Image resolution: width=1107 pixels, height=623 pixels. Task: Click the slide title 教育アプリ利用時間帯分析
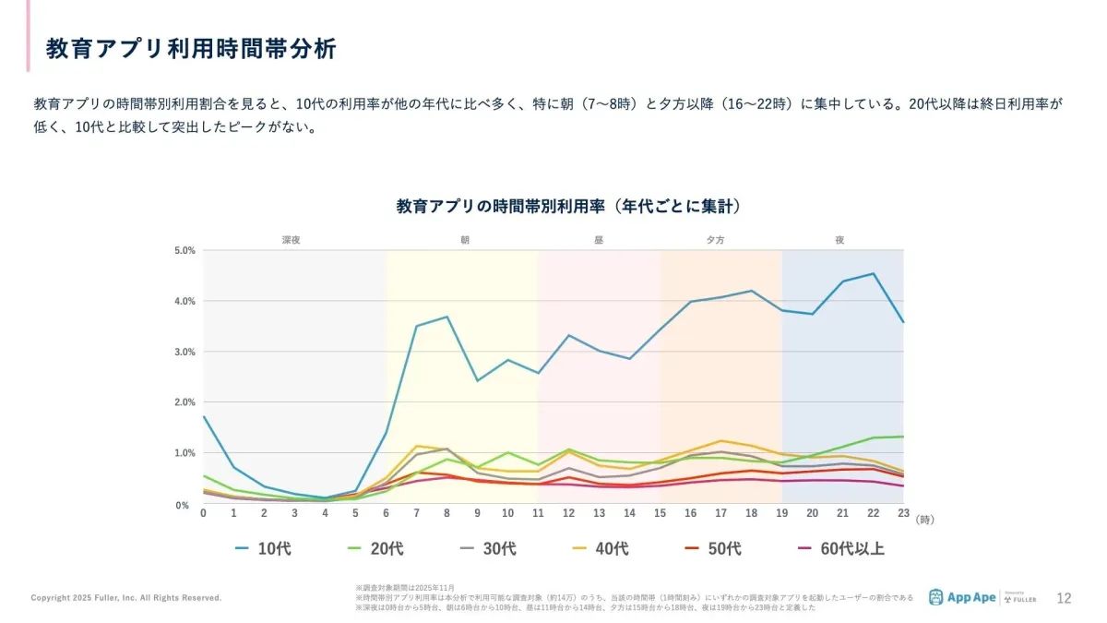click(191, 48)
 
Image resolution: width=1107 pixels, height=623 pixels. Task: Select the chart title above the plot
click(568, 206)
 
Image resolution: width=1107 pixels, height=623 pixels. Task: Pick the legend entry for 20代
click(375, 549)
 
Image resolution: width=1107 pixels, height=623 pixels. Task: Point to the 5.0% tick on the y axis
click(184, 250)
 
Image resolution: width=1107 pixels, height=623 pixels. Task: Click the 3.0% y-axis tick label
click(184, 352)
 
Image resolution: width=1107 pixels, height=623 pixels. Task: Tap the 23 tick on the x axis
click(903, 512)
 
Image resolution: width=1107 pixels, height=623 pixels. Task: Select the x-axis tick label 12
click(568, 512)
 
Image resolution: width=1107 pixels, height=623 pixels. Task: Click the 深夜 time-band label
click(292, 240)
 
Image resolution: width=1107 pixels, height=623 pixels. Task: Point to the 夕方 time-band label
click(715, 240)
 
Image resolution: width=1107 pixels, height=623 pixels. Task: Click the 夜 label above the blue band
click(839, 240)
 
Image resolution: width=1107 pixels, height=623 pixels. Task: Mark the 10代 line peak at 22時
click(873, 273)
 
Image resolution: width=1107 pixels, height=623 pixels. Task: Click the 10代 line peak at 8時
click(446, 317)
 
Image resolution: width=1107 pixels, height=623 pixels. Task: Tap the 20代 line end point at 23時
click(903, 437)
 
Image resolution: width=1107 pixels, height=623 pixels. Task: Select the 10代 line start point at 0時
click(203, 416)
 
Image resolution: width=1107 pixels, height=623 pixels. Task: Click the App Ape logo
click(962, 597)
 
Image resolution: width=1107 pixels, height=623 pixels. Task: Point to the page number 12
click(1064, 597)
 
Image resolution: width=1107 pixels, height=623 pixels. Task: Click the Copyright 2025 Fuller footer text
click(126, 598)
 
